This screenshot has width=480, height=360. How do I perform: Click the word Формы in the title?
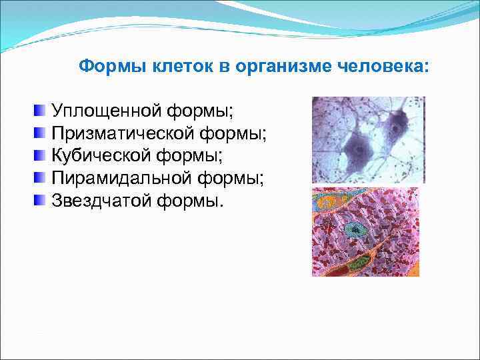[104, 67]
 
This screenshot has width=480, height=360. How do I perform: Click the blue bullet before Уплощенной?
[41, 109]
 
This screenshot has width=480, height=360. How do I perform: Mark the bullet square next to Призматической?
[41, 132]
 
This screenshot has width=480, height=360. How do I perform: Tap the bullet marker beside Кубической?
[41, 155]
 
